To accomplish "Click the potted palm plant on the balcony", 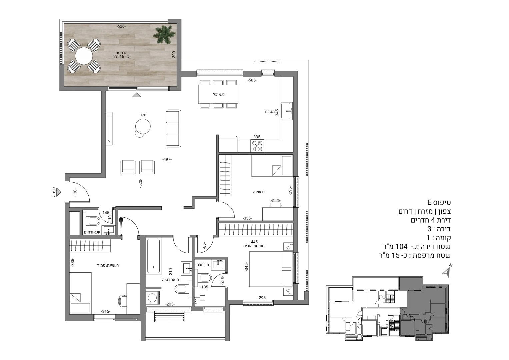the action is (164, 35).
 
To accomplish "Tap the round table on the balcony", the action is (84, 56).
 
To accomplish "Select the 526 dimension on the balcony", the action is (121, 26).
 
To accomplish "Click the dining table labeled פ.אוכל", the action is (218, 94).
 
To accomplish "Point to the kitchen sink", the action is (287, 111).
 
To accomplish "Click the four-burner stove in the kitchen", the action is (257, 146).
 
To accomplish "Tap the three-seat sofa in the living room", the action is (173, 128).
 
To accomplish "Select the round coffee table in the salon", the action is (143, 127).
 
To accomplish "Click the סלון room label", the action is (143, 115).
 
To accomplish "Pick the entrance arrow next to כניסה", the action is (59, 192).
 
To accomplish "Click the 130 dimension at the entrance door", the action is (75, 193).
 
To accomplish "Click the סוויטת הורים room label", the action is (254, 246).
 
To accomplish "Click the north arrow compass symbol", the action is (447, 272).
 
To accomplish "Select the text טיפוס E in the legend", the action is (439, 202).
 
